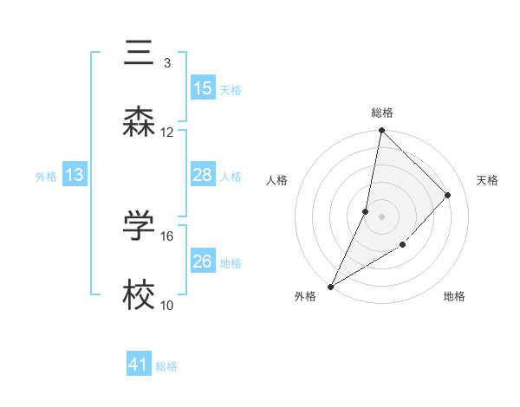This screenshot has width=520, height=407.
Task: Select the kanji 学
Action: pyautogui.click(x=139, y=226)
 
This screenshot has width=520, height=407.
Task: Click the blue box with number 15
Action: pyautogui.click(x=203, y=88)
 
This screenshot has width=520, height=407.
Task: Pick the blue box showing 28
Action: pyautogui.click(x=203, y=175)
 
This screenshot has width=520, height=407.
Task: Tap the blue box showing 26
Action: pyautogui.click(x=203, y=262)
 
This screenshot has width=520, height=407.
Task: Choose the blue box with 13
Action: pyautogui.click(x=75, y=175)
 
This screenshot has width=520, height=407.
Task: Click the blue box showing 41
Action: pyautogui.click(x=139, y=365)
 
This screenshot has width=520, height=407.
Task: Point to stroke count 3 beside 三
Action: pyautogui.click(x=166, y=62)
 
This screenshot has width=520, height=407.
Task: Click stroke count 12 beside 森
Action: pyautogui.click(x=167, y=132)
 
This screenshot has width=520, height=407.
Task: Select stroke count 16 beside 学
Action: pyautogui.click(x=167, y=236)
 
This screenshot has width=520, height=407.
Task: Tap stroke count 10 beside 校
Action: pyautogui.click(x=167, y=305)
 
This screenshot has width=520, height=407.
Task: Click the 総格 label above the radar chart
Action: pyautogui.click(x=381, y=113)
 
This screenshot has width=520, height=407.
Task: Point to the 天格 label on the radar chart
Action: pyautogui.click(x=488, y=180)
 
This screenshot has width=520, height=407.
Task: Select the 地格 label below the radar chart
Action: pyautogui.click(x=454, y=297)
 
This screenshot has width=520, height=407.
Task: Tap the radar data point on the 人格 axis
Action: pyautogui.click(x=366, y=211)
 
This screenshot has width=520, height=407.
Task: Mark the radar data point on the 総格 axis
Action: pyautogui.click(x=381, y=131)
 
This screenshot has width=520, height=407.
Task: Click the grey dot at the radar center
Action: pyautogui.click(x=381, y=216)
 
